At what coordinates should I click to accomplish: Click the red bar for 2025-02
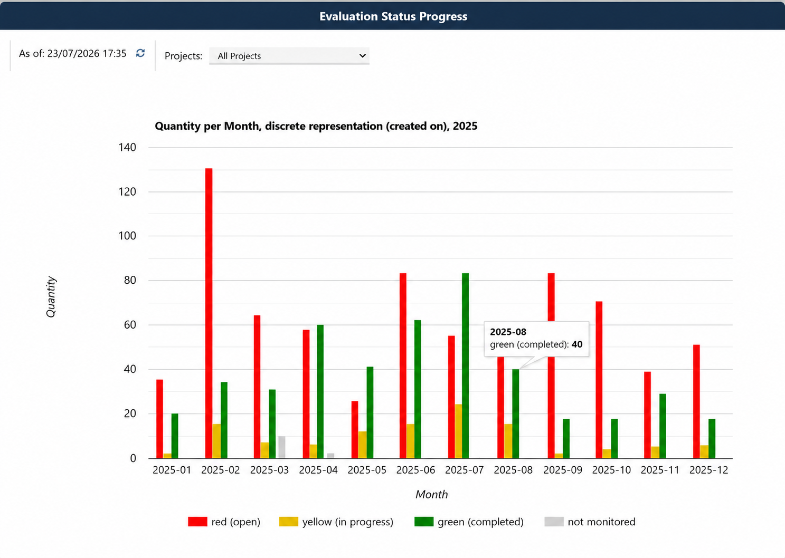[x=209, y=313]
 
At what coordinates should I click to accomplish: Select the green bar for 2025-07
[x=466, y=366]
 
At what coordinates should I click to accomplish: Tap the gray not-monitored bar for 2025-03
[x=282, y=447]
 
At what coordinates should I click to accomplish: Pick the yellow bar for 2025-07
[x=458, y=431]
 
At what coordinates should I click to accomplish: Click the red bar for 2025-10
[x=599, y=380]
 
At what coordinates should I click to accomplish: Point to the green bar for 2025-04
[x=320, y=392]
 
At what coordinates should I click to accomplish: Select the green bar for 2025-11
[x=663, y=426]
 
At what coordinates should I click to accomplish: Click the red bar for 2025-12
[x=696, y=401]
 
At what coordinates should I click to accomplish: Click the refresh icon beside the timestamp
[x=140, y=53]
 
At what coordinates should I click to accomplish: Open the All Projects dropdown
[x=289, y=56]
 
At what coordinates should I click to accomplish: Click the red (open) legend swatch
[x=197, y=522]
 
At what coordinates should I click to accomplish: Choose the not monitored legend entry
[x=601, y=522]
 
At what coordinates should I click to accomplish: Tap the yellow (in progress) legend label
[x=348, y=522]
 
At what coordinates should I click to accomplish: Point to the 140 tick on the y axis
[x=127, y=147]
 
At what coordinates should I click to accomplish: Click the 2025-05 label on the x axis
[x=367, y=470]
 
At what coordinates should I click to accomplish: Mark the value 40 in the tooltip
[x=577, y=344]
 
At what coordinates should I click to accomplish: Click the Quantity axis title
[x=51, y=297]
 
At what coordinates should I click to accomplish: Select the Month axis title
[x=431, y=494]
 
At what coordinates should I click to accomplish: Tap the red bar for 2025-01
[x=160, y=419]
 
